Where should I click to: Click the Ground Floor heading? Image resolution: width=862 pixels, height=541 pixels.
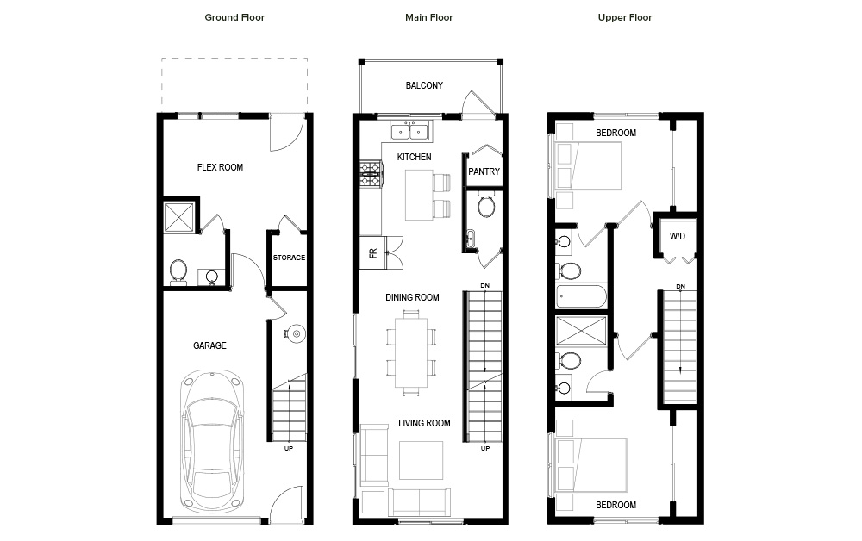pos(234,17)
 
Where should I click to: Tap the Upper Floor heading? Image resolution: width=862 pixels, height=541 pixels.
pos(624,17)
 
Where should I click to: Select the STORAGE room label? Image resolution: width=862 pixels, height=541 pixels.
pos(289,258)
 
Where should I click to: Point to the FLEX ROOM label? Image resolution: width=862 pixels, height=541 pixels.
pos(220,167)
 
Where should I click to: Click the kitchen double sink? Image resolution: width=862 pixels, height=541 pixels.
pos(410,132)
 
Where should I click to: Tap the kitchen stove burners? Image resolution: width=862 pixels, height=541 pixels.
pos(370,173)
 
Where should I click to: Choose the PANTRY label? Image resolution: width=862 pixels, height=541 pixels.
pos(484,171)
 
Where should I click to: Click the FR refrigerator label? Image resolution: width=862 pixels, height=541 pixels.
pos(373,253)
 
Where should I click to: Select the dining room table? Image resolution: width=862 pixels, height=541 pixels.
pos(411,352)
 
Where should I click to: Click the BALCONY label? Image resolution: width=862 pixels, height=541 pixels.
pos(424,85)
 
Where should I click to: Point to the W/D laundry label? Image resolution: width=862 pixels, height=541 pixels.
pos(678,236)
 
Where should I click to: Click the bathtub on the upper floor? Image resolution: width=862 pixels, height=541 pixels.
pos(581,297)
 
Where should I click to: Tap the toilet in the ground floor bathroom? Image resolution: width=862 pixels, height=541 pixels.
pos(178,272)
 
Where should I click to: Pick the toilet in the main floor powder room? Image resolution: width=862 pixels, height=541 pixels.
pos(486,204)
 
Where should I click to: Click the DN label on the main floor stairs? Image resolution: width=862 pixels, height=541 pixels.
pos(484,286)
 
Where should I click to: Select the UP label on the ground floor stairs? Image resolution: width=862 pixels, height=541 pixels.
pos(289,448)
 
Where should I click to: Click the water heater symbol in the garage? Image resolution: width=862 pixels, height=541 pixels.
pos(295,333)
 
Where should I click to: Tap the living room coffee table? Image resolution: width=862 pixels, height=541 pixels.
pos(422,460)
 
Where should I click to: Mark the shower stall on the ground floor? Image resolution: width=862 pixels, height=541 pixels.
pos(179,217)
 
